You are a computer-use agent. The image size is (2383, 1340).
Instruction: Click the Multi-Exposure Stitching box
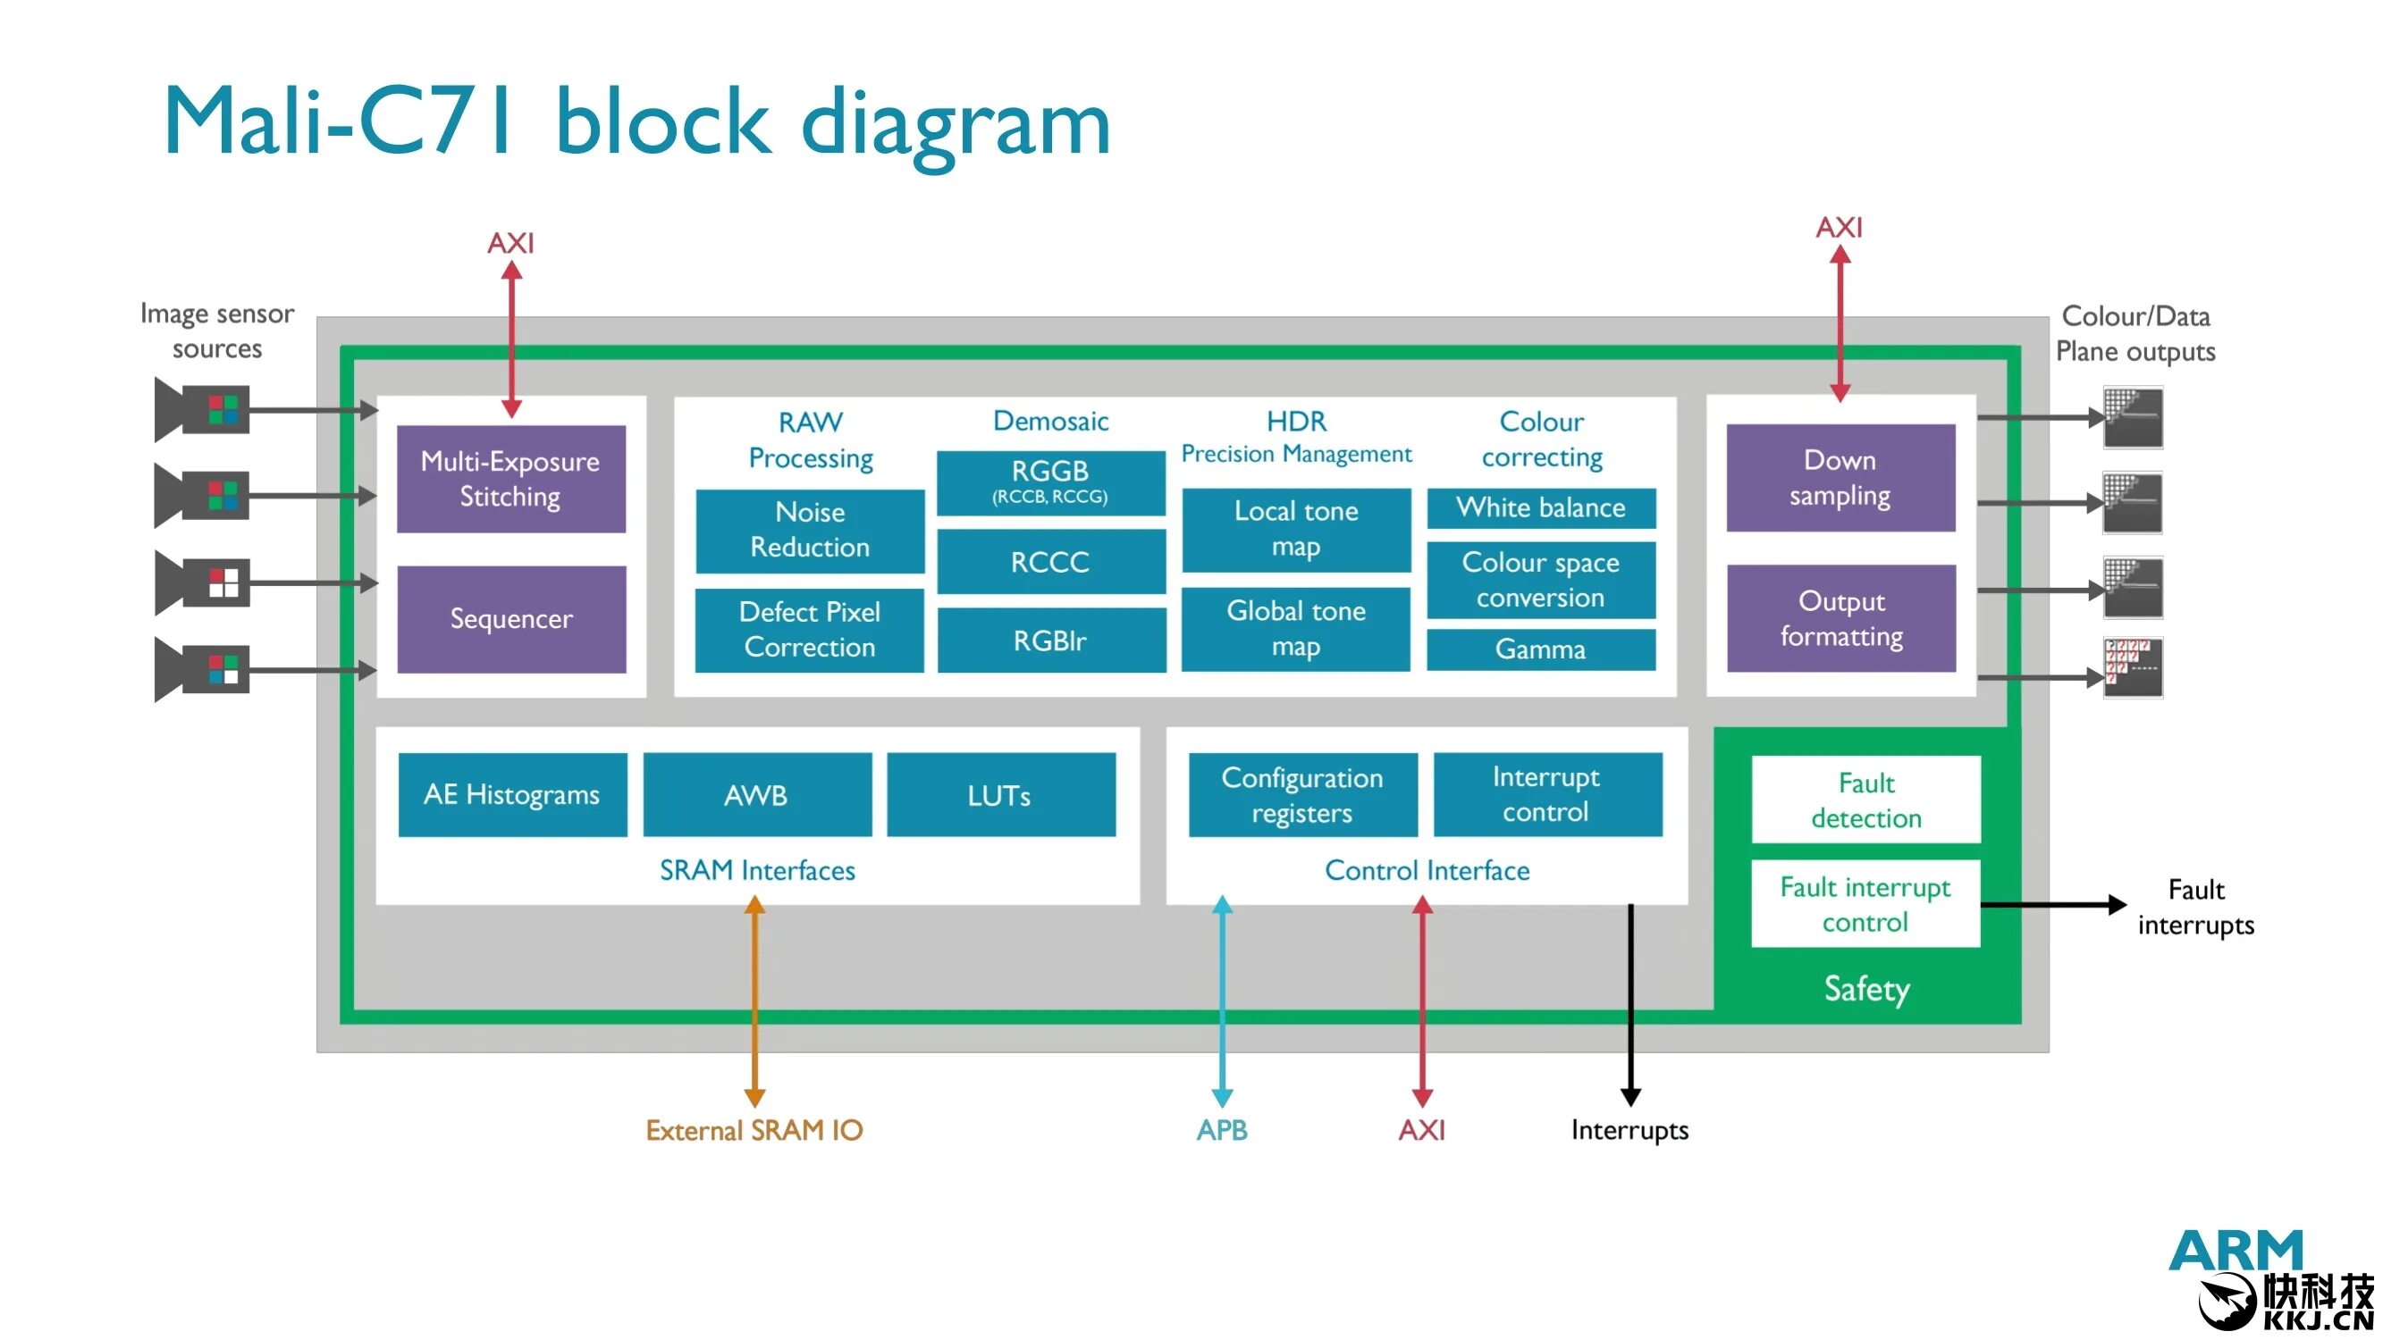510,478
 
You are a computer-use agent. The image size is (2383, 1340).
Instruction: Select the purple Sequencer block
510,618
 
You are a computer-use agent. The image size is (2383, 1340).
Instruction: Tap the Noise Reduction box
810,530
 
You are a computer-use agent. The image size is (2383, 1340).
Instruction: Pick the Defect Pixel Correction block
810,629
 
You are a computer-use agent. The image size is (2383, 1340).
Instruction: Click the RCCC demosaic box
1050,561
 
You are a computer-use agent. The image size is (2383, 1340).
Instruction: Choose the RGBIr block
1050,640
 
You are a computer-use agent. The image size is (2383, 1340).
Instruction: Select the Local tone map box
1296,529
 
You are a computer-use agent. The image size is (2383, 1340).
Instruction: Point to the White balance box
1540,507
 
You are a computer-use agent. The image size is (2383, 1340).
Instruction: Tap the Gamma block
1540,649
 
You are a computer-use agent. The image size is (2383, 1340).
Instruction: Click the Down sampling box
1840,477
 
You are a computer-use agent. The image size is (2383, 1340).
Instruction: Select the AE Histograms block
511,794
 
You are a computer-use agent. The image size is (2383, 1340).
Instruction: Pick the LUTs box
1000,794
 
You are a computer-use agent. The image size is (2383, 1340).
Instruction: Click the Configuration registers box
1301,794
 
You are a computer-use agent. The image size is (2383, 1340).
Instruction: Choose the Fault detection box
1865,799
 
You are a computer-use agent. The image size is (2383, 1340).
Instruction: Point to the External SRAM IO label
754,1129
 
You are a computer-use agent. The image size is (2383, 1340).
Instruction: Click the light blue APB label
1221,1129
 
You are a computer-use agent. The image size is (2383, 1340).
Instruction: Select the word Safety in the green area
1865,988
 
